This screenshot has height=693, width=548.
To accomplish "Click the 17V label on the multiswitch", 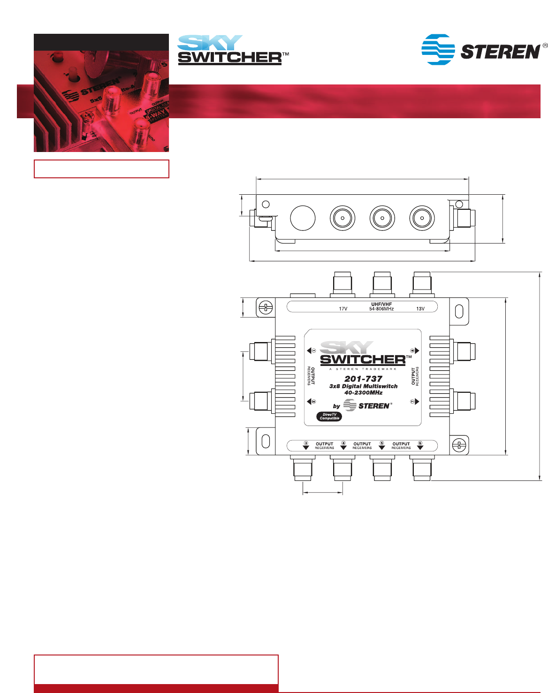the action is coord(343,309).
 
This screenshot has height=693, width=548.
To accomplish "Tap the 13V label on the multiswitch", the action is coord(420,309).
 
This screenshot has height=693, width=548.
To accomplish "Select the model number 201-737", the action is coord(363,379).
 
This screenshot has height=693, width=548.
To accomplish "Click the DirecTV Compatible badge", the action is coord(329,416).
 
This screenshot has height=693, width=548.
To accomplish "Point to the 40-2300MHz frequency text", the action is coord(363,393).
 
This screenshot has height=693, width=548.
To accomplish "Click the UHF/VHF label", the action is coord(381,305).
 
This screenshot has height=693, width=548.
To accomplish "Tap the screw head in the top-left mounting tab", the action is coord(266,308).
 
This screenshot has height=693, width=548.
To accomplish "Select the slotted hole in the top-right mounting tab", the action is coord(459,311).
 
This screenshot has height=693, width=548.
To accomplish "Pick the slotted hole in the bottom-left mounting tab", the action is coord(266,441).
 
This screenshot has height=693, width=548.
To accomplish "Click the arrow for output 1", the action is coord(310,350).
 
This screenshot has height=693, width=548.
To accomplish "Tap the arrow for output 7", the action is coord(417,402).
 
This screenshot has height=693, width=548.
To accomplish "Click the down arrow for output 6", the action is coord(420,448).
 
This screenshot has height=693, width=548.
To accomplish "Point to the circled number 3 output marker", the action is coord(306,443).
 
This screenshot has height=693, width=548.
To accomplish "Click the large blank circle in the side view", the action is coord(303,218).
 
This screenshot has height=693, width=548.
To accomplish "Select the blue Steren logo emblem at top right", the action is coord(438,49).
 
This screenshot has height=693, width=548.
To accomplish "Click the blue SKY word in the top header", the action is coord(210,43).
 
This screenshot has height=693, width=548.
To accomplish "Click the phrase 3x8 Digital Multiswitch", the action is coord(363,386).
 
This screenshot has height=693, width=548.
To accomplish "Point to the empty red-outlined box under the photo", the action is coord(101,169).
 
